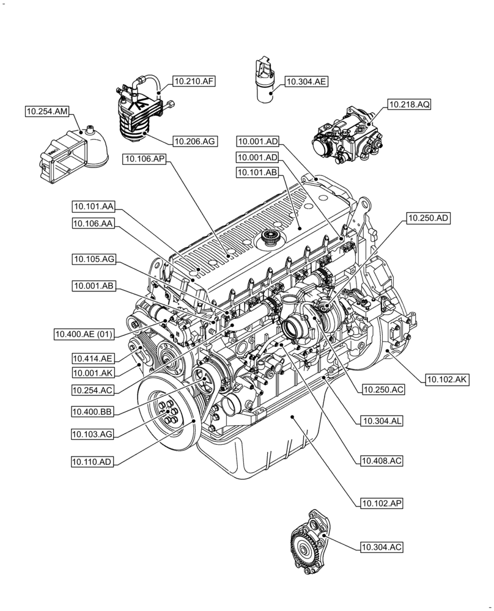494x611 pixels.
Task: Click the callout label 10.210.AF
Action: [x=195, y=81]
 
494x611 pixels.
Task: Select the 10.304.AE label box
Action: [x=306, y=81]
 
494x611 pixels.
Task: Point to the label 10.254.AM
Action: [x=47, y=111]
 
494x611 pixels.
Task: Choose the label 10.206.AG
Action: [x=194, y=141]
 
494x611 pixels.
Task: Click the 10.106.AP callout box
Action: [x=145, y=159]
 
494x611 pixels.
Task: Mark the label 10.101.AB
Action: [x=257, y=173]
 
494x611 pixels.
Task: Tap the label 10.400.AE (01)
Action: [x=84, y=334]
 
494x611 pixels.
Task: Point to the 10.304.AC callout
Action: [x=382, y=547]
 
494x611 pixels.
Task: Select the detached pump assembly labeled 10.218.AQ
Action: [x=347, y=136]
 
